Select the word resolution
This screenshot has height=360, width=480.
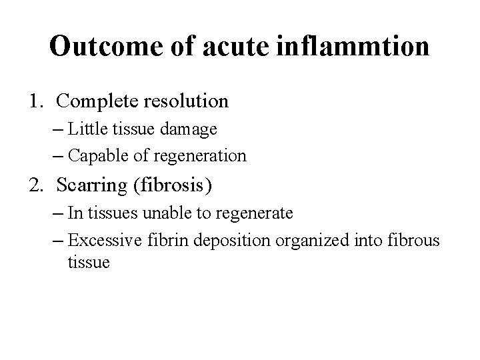pyautogui.click(x=187, y=101)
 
